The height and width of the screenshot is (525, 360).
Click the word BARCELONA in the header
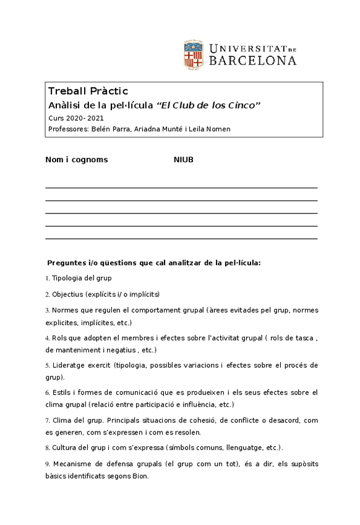(x=252, y=61)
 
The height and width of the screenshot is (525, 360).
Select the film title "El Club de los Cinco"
(x=209, y=105)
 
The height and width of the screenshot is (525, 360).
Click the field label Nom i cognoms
(x=77, y=160)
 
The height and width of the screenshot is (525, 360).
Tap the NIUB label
(x=183, y=160)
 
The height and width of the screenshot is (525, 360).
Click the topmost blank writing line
(x=181, y=187)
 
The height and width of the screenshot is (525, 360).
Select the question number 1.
(x=47, y=279)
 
